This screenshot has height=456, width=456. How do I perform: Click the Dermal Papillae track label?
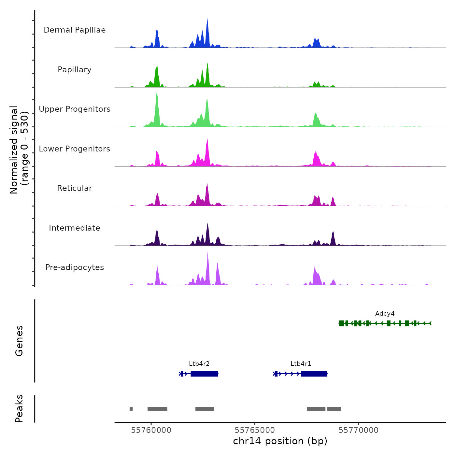75,30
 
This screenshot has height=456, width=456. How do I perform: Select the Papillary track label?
75,70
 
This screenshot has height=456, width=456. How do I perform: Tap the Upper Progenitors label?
75,109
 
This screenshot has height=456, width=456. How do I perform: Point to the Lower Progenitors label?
75,149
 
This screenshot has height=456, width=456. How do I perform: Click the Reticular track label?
75,188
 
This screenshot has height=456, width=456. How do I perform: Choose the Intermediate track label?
75,228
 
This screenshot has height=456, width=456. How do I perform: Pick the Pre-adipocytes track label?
75,267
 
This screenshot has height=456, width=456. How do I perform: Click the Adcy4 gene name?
385,314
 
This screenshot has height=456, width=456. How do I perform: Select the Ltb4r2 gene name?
199,364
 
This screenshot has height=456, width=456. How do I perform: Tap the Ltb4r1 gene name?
301,364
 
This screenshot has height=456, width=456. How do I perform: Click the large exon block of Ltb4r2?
204,374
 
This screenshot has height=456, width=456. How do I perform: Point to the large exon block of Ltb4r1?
314,374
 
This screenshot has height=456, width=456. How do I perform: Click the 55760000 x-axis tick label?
151,430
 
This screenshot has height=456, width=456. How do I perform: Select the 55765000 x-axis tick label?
255,430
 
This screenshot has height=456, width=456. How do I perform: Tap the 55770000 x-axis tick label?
358,430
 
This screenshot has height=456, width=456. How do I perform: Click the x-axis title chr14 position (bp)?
280,441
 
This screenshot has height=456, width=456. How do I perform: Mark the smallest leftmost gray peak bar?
131,409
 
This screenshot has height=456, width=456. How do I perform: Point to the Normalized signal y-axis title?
19,150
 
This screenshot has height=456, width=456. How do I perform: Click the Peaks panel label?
19,408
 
